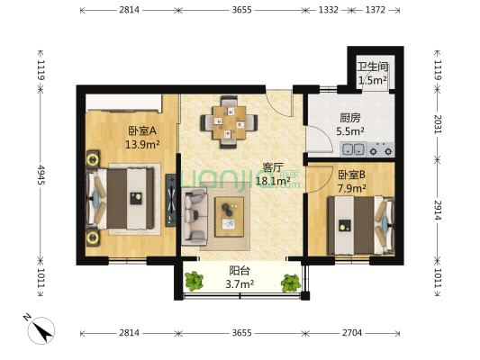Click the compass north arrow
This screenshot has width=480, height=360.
(x=43, y=330)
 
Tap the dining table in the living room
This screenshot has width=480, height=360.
(x=230, y=122)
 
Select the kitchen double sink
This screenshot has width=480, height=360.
(x=353, y=149)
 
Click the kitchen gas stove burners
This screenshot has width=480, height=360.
(x=381, y=150)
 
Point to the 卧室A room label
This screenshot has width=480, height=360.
(x=142, y=130)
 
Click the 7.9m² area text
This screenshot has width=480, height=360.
(x=351, y=188)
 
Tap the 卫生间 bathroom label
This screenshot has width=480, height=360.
(x=373, y=67)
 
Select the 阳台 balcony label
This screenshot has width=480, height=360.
(x=240, y=271)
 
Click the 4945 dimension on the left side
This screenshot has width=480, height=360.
(x=41, y=175)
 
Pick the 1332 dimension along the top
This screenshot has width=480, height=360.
(x=329, y=10)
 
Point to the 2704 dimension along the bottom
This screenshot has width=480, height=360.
(x=352, y=332)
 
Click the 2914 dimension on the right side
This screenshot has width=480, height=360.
(x=438, y=211)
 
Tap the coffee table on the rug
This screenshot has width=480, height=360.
(x=230, y=217)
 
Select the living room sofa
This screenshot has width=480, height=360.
(x=195, y=216)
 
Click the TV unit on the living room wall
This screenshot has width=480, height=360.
(x=171, y=200)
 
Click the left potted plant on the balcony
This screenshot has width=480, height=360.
(x=194, y=281)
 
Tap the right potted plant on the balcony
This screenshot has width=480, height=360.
(x=291, y=283)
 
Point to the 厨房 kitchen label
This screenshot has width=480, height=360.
(x=350, y=118)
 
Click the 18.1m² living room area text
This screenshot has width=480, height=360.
(x=273, y=181)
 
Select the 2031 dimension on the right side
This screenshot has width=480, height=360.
(x=438, y=124)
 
